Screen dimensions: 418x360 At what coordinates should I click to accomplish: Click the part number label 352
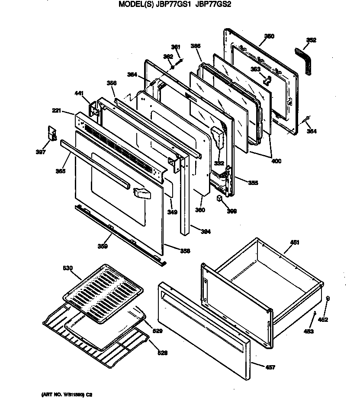click(x=311, y=40)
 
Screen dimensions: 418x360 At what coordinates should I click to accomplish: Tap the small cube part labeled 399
click(x=220, y=198)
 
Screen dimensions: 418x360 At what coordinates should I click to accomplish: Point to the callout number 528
click(x=162, y=353)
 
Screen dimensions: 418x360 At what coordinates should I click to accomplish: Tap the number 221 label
click(x=57, y=111)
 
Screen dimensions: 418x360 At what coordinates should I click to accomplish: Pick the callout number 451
click(x=294, y=243)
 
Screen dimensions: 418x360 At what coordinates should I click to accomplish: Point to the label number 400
click(x=276, y=162)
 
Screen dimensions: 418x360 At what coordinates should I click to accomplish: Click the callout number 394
click(x=206, y=231)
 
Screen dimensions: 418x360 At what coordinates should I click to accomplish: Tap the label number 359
click(x=102, y=246)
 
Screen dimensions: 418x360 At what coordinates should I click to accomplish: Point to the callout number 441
click(x=79, y=93)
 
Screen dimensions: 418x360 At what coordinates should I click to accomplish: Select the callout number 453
click(x=309, y=331)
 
